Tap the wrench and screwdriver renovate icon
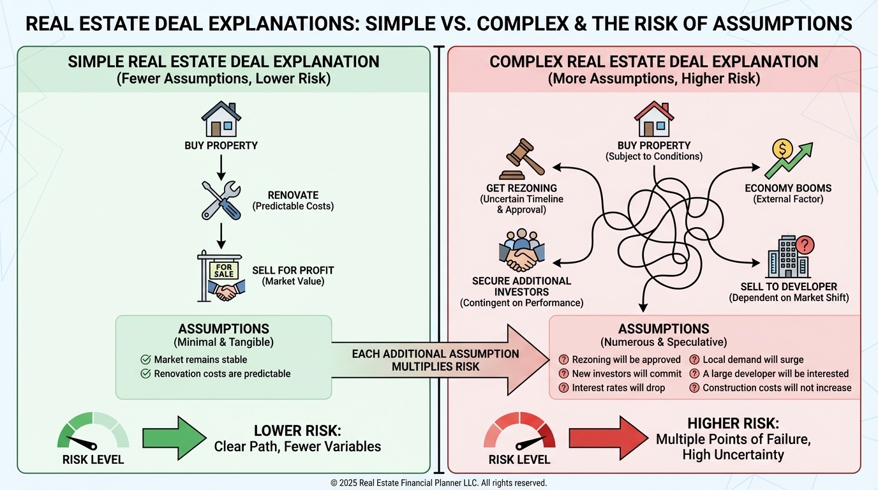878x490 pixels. [x=221, y=200]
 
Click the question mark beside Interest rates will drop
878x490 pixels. [x=563, y=388]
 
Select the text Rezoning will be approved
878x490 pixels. [x=626, y=360]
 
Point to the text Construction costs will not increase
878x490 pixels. [x=777, y=388]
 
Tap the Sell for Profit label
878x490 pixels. [x=292, y=269]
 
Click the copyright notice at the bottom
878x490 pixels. [x=438, y=483]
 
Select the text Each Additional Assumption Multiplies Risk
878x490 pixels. [x=436, y=360]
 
